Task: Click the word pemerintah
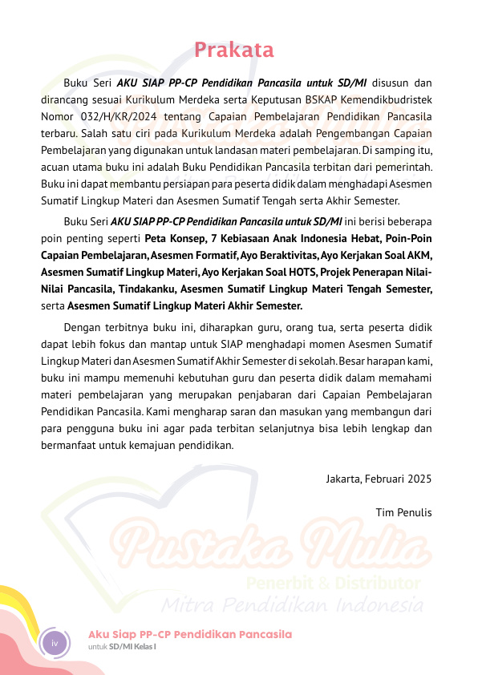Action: point(401,167)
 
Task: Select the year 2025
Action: point(419,479)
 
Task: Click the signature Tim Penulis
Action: point(403,512)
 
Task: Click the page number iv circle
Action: point(55,643)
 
